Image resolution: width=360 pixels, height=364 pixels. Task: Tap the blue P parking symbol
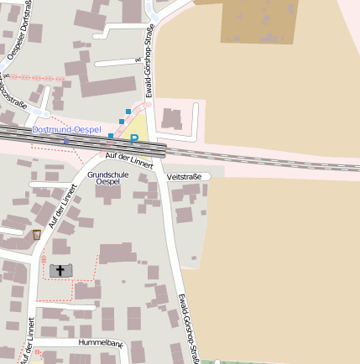click(x=133, y=140)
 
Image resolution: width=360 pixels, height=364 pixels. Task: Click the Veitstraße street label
click(x=185, y=177)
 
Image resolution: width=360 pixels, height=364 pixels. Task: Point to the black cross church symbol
click(x=60, y=269)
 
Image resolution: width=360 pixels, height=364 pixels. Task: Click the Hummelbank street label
click(x=101, y=344)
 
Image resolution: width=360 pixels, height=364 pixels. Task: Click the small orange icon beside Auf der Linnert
click(x=36, y=235)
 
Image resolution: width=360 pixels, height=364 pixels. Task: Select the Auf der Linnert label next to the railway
click(x=130, y=160)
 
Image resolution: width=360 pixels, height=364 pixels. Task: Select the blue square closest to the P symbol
click(x=111, y=135)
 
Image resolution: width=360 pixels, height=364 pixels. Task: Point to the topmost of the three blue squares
click(x=128, y=111)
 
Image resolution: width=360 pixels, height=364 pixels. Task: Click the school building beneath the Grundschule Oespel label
click(x=107, y=194)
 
